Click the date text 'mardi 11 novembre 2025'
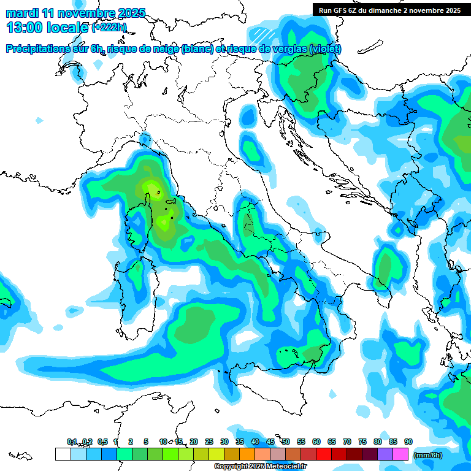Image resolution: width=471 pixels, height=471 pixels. coord(75,13)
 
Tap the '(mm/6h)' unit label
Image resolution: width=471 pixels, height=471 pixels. coord(427,455)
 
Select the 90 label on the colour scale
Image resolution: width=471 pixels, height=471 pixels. coord(408,442)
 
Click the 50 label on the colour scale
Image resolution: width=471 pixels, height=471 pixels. coord(286,442)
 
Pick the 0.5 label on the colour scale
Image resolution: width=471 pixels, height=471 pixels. coord(102,442)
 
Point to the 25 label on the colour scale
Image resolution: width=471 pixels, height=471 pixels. coord(209,442)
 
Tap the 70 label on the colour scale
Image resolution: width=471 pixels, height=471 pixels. coord(347,442)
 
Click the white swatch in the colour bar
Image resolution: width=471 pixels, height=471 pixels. coord(63,454)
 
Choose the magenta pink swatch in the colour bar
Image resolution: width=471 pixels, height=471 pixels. coord(400,454)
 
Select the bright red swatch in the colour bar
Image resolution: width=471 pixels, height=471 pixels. coord(324,454)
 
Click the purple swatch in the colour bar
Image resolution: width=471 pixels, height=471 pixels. coord(385,454)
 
